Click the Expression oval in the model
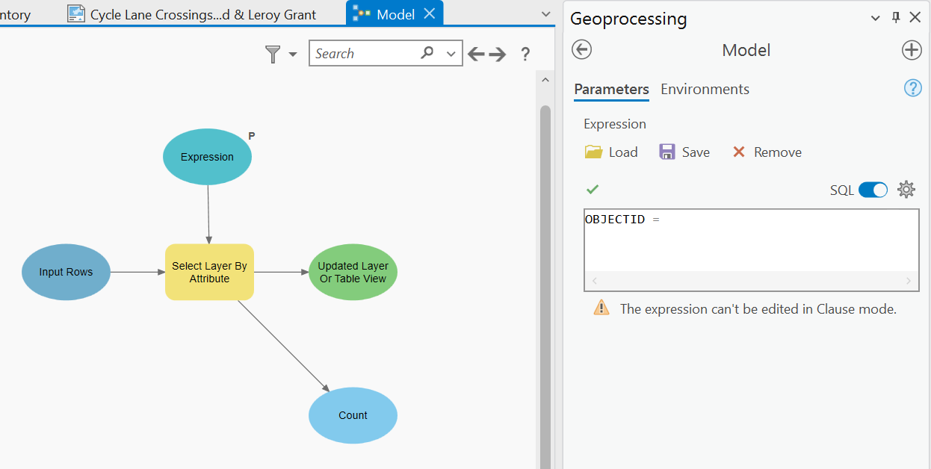coord(207,157)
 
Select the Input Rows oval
coord(66,272)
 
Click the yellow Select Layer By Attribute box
coord(209,272)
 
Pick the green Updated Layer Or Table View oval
coord(353,272)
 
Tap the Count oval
coord(353,415)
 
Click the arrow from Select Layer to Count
coord(284,345)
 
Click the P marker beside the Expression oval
coord(252,136)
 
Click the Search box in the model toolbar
coord(365,54)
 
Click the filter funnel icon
coord(273,54)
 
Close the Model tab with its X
coord(429,13)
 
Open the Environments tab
coord(705,90)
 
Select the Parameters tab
coord(611,90)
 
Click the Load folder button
coord(611,152)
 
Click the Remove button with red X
coord(767,152)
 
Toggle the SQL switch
coord(873,190)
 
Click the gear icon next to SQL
coord(906,190)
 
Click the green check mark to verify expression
coord(593,190)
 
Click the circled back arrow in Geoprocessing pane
coord(581,50)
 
